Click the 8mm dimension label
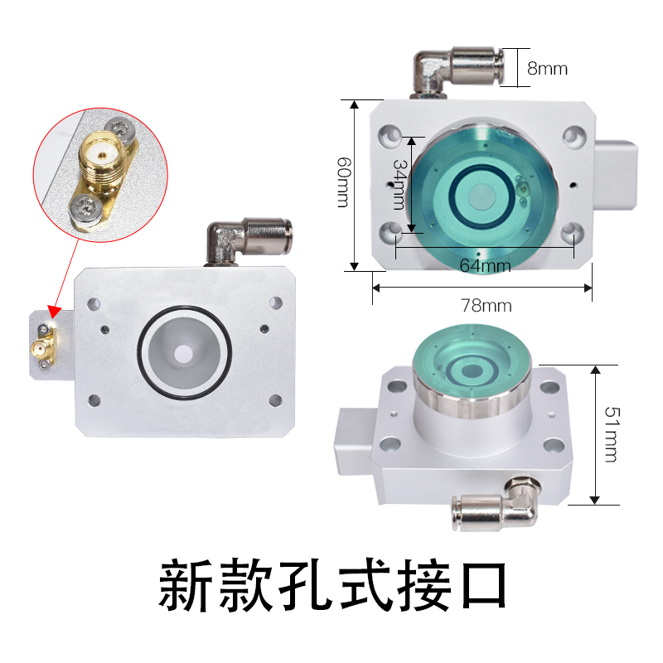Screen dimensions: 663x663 tap(547, 69)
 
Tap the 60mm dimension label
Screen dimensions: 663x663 tap(344, 182)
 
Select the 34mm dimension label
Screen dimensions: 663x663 tap(399, 184)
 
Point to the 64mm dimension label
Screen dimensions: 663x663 tap(485, 265)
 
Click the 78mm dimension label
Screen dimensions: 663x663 tap(486, 305)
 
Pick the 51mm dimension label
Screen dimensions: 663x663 tap(612, 434)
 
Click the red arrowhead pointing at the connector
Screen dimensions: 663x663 tap(54, 312)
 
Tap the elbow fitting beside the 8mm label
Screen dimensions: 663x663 tap(457, 71)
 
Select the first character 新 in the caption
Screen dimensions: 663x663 tap(185, 586)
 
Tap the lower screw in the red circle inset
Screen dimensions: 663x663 tap(87, 208)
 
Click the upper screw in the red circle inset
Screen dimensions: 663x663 tap(120, 129)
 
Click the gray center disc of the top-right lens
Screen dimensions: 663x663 tap(482, 196)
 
